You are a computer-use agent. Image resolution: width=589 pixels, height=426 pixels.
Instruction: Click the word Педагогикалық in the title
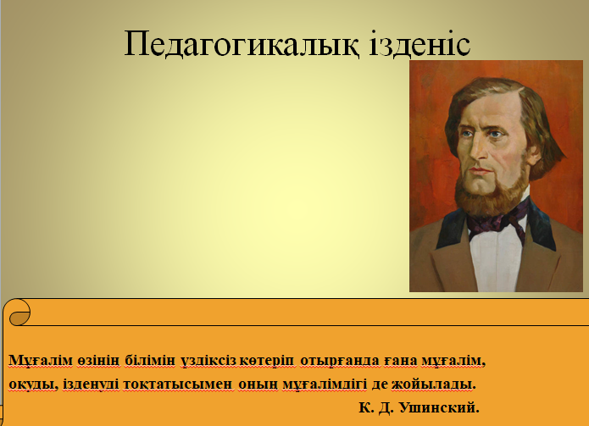(242, 44)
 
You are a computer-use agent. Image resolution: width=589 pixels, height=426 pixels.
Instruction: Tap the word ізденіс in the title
(420, 42)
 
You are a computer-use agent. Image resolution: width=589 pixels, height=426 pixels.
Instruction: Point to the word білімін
(150, 360)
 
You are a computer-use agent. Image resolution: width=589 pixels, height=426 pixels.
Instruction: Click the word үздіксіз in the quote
(208, 361)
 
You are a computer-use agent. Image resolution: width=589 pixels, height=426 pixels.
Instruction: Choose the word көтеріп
(267, 361)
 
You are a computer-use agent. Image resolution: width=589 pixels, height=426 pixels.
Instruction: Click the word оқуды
(33, 385)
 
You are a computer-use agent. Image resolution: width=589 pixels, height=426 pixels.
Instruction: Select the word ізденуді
(91, 385)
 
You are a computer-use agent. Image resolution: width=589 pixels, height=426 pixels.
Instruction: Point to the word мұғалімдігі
(325, 385)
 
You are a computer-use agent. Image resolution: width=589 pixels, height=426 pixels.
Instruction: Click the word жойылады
(433, 385)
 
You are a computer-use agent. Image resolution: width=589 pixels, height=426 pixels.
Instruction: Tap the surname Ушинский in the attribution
(439, 407)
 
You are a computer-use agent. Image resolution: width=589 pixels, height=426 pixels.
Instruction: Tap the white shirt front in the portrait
(496, 259)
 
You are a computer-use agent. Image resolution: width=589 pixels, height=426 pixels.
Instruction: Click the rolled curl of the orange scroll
(17, 313)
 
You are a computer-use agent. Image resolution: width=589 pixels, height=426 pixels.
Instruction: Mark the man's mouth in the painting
(480, 171)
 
